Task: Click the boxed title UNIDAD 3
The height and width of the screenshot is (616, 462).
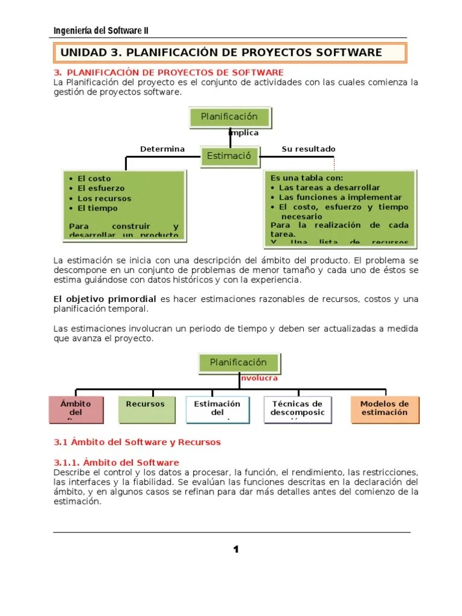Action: [221, 52]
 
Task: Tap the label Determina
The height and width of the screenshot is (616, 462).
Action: [162, 149]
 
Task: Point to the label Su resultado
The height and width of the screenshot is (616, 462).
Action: [308, 149]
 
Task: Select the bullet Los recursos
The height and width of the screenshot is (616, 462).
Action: [103, 199]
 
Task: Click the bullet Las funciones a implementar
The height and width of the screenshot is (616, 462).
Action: [340, 197]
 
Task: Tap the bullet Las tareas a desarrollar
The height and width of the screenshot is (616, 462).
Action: [330, 188]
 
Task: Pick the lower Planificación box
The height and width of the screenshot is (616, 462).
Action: [238, 362]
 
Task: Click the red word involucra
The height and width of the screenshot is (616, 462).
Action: [259, 378]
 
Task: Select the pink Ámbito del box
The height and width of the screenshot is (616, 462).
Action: [76, 408]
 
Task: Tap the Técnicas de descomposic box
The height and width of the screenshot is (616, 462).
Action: [297, 408]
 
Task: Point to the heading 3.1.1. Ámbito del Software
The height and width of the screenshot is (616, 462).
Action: [117, 462]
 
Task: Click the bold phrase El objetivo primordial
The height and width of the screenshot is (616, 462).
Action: [105, 299]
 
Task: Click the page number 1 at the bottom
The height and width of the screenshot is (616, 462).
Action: [236, 549]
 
